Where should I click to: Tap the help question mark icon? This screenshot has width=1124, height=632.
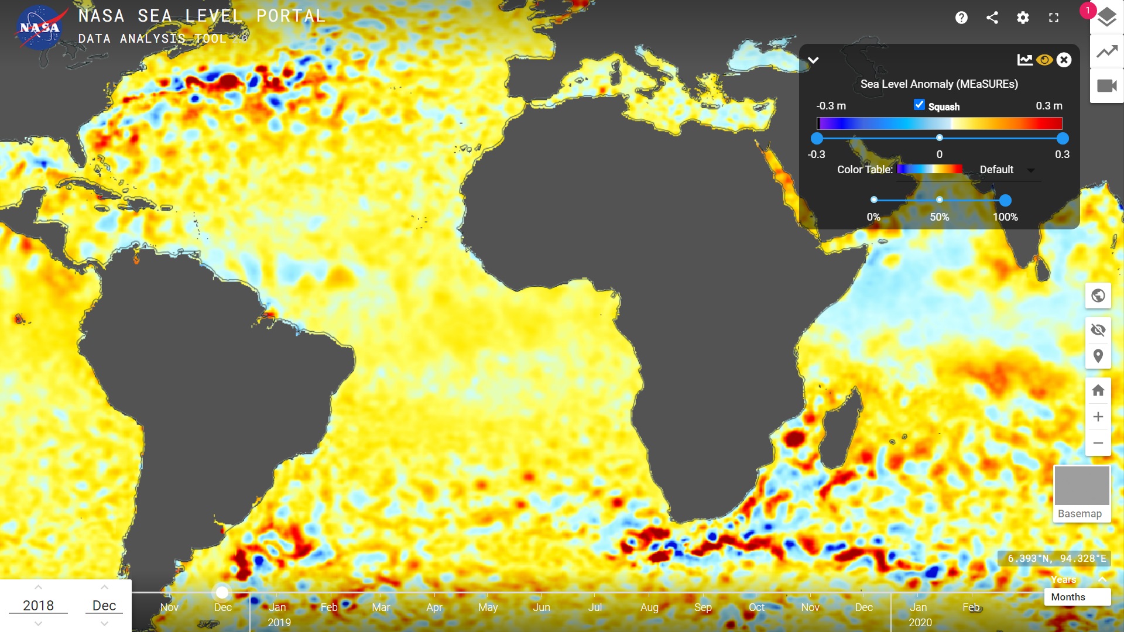[x=961, y=18]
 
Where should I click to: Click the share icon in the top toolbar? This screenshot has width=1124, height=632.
[x=992, y=18]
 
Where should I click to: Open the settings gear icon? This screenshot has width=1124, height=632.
[x=1023, y=18]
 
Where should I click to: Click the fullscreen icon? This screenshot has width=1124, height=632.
[x=1054, y=18]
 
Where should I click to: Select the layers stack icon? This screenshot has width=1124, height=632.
[x=1106, y=18]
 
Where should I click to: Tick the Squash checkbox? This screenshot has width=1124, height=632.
[x=919, y=105]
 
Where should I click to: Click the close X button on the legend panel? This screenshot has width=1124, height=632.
[x=1064, y=60]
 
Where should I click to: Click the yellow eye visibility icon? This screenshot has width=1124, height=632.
[x=1044, y=60]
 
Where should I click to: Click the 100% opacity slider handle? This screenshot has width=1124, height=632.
[x=1005, y=201]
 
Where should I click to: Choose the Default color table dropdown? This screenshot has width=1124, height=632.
[x=1007, y=170]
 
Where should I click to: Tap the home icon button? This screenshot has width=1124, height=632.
[x=1098, y=390]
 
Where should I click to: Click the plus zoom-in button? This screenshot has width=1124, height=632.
[x=1098, y=417]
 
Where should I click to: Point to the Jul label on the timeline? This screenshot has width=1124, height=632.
[x=595, y=607]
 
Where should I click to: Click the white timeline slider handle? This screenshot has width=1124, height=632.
[x=222, y=593]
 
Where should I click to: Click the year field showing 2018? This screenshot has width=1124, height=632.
[x=39, y=606]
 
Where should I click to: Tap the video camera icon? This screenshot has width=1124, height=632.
[x=1106, y=86]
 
